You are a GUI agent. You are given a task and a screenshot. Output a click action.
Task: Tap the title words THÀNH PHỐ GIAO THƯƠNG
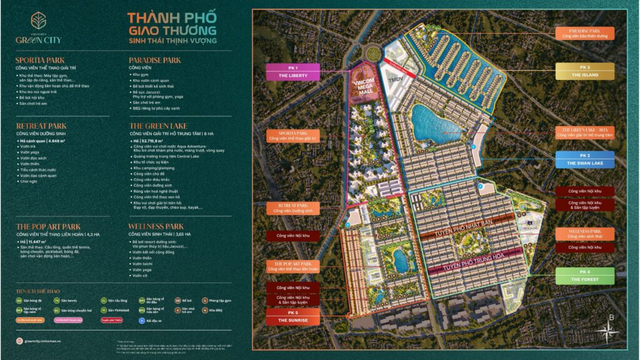[x=172, y=24]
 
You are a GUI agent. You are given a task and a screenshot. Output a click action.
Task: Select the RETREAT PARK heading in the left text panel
[x=41, y=126]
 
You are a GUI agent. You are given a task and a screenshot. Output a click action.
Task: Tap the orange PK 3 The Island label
[x=584, y=72]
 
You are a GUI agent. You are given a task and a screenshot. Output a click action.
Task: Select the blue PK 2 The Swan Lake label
[x=584, y=159]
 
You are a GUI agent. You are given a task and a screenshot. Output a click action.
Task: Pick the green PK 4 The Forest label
[x=584, y=276]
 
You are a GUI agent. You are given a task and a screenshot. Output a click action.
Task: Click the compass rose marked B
[x=611, y=335]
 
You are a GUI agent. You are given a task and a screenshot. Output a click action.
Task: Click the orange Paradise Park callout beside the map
[x=584, y=33]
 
